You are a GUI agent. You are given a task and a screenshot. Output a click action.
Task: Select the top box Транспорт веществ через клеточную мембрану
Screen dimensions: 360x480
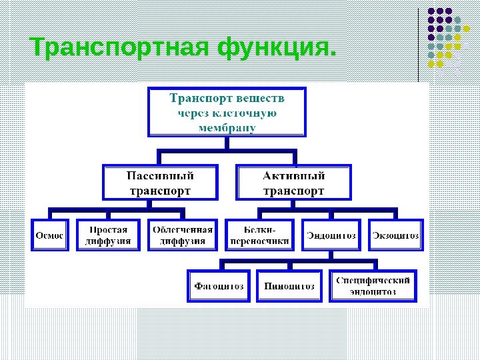(227, 112)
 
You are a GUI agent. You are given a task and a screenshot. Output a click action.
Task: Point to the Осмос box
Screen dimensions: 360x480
(49, 235)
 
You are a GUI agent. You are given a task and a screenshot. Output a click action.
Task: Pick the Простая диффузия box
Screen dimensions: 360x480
(109, 235)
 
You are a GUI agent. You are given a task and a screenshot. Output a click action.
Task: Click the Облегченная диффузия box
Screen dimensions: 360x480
(183, 235)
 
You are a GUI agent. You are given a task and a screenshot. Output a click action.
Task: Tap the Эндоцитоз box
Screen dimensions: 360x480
(331, 235)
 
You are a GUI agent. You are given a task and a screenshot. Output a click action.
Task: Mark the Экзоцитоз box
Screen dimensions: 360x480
(396, 235)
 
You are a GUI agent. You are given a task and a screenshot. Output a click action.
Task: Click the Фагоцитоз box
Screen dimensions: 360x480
(219, 287)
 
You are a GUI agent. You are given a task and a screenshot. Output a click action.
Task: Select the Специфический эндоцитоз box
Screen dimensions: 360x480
(373, 287)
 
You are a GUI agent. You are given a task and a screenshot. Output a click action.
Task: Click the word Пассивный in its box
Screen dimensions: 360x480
(161, 177)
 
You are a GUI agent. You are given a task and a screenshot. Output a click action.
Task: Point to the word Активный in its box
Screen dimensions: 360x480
(294, 177)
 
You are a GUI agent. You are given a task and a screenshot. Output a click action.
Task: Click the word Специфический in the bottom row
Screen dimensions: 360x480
(373, 281)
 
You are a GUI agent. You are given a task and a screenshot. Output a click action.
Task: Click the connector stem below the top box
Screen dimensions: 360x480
(227, 144)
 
